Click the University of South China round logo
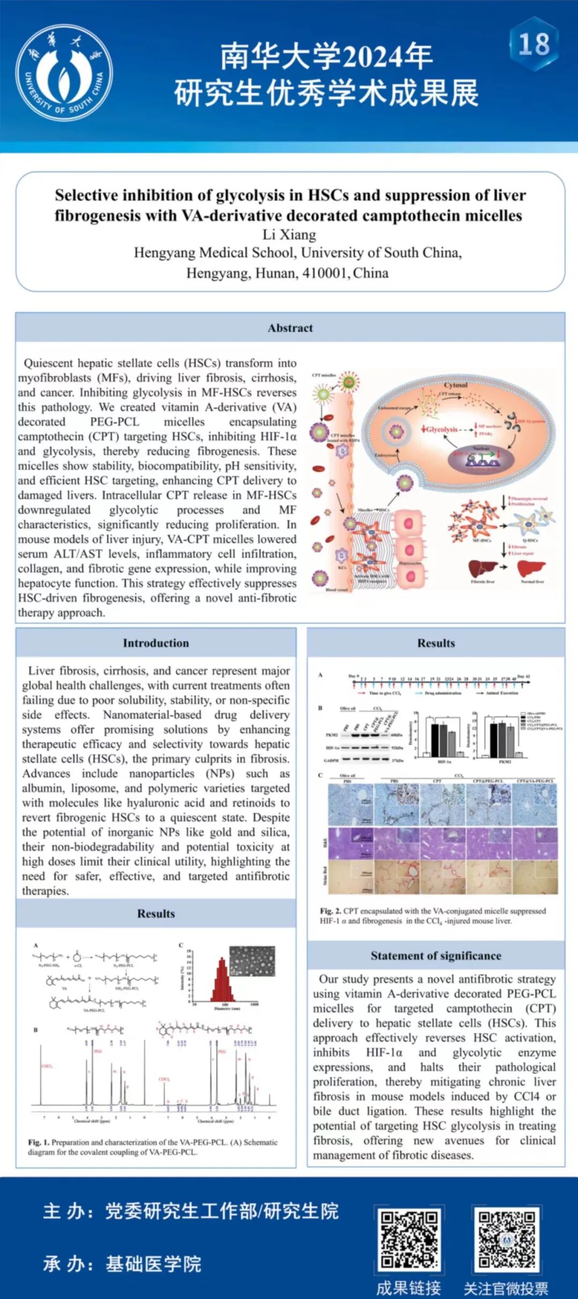[64, 73]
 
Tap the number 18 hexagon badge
[534, 44]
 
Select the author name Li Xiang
[289, 235]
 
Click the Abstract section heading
[290, 328]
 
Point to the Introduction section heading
[156, 643]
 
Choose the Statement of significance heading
[436, 956]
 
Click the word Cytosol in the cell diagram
[455, 385]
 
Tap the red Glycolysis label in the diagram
[442, 429]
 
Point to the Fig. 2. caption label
[331, 911]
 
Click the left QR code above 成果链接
[409, 1239]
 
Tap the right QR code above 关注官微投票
[506, 1239]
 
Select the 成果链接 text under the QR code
[409, 1288]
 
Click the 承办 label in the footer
[68, 1264]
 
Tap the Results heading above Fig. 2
[436, 643]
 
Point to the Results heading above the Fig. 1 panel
[156, 913]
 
